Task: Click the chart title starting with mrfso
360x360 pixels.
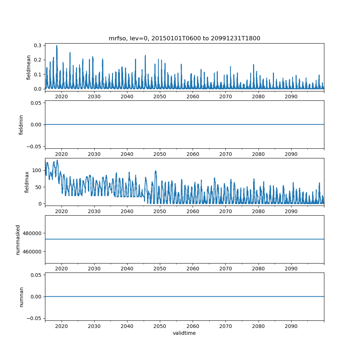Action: pos(184,38)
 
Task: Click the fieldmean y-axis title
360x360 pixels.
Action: pos(28,67)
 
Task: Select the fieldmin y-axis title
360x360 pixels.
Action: pos(21,125)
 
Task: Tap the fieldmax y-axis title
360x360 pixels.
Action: pos(26,182)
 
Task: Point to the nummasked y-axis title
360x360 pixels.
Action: pos(18,239)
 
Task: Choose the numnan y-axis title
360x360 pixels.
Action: pos(21,297)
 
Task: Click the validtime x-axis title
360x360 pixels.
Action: pos(184,333)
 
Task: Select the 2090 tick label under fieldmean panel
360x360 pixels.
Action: pos(291,97)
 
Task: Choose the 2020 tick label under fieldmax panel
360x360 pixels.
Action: pos(62,211)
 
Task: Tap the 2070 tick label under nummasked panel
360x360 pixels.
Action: pos(225,269)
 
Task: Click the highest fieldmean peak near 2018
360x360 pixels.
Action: pos(57,46)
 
